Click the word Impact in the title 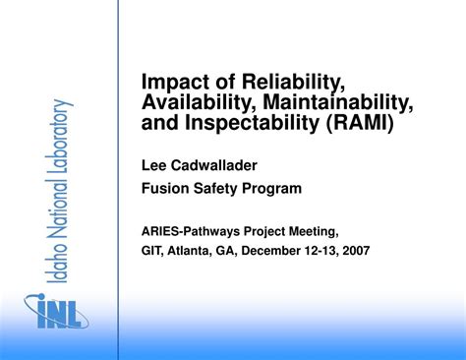[174, 80]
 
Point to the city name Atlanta [197, 251]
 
